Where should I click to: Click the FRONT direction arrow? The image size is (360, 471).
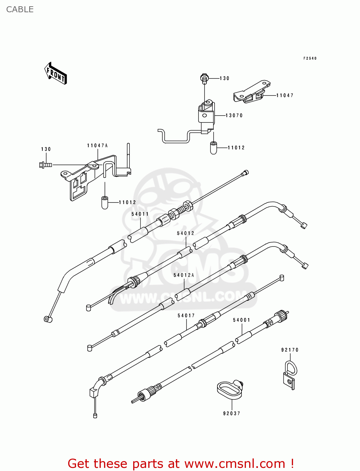point(56,73)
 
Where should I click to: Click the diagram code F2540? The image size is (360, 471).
point(310,58)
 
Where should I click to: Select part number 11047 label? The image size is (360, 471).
point(285,95)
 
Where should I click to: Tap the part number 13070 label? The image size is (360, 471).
point(234,116)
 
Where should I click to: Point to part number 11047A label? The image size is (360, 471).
point(97,146)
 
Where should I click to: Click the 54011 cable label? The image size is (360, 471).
point(140,214)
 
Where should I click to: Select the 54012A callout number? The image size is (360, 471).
point(184,275)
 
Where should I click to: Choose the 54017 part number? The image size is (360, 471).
point(186,316)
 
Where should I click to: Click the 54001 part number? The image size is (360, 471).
point(242,320)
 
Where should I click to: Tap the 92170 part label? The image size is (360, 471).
point(290,350)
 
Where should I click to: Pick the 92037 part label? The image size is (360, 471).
point(232,414)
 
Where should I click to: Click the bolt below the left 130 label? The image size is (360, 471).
point(46,165)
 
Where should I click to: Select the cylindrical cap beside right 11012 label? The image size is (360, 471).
point(214,148)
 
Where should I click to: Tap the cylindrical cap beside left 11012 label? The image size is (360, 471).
point(105,203)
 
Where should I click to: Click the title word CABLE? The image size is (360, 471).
point(20,9)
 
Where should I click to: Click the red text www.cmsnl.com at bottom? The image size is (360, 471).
point(235,463)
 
